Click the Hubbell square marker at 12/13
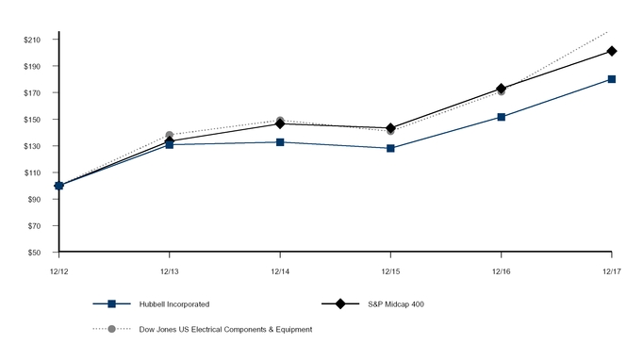tap(170, 144)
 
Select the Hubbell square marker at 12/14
tap(280, 142)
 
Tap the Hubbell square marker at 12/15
tap(390, 148)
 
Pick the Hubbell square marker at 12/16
tap(502, 117)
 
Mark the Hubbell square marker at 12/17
tap(612, 79)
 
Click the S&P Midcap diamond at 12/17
tap(612, 51)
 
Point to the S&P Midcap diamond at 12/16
tap(502, 89)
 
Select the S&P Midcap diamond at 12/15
tap(390, 128)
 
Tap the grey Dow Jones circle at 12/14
tap(280, 121)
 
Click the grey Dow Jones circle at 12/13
tap(170, 136)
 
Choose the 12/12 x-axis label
tap(58, 271)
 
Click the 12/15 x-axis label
tap(390, 271)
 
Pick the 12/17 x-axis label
tap(612, 271)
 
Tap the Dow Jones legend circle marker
tap(111, 329)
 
